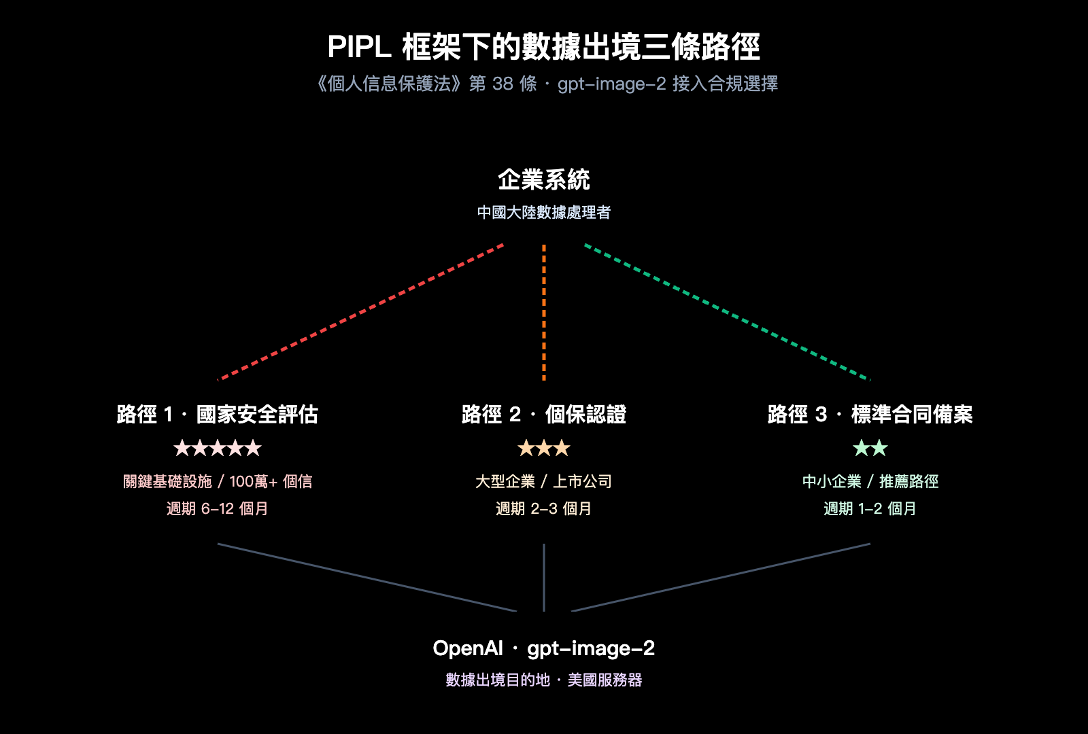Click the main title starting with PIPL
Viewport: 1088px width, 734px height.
[x=544, y=47]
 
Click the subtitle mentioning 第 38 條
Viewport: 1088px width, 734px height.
[x=544, y=84]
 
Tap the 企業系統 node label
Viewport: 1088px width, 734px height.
[x=544, y=179]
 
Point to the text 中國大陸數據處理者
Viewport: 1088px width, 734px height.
[x=544, y=213]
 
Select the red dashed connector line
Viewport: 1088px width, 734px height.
[x=360, y=312]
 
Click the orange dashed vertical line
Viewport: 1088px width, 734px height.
[x=544, y=312]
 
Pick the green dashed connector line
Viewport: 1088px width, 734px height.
[x=728, y=312]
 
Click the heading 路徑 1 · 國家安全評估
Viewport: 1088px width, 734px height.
[x=218, y=414]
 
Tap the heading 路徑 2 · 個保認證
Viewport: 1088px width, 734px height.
[x=544, y=414]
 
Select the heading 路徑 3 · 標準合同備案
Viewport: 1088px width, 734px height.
[x=870, y=414]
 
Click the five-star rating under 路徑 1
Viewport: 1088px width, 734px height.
[x=218, y=448]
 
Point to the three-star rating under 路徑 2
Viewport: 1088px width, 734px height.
[x=544, y=448]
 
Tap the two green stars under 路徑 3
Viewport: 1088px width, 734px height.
[x=870, y=448]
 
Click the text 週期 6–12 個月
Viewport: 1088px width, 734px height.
[x=218, y=508]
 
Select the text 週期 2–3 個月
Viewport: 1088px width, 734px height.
[x=544, y=508]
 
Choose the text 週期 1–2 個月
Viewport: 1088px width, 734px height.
[x=870, y=508]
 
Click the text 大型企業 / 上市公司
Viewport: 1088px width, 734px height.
[x=544, y=481]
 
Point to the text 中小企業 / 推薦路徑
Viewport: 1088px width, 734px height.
[x=870, y=481]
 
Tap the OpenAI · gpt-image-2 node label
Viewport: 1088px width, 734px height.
[x=544, y=648]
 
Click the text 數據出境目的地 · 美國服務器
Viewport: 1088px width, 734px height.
[x=544, y=680]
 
